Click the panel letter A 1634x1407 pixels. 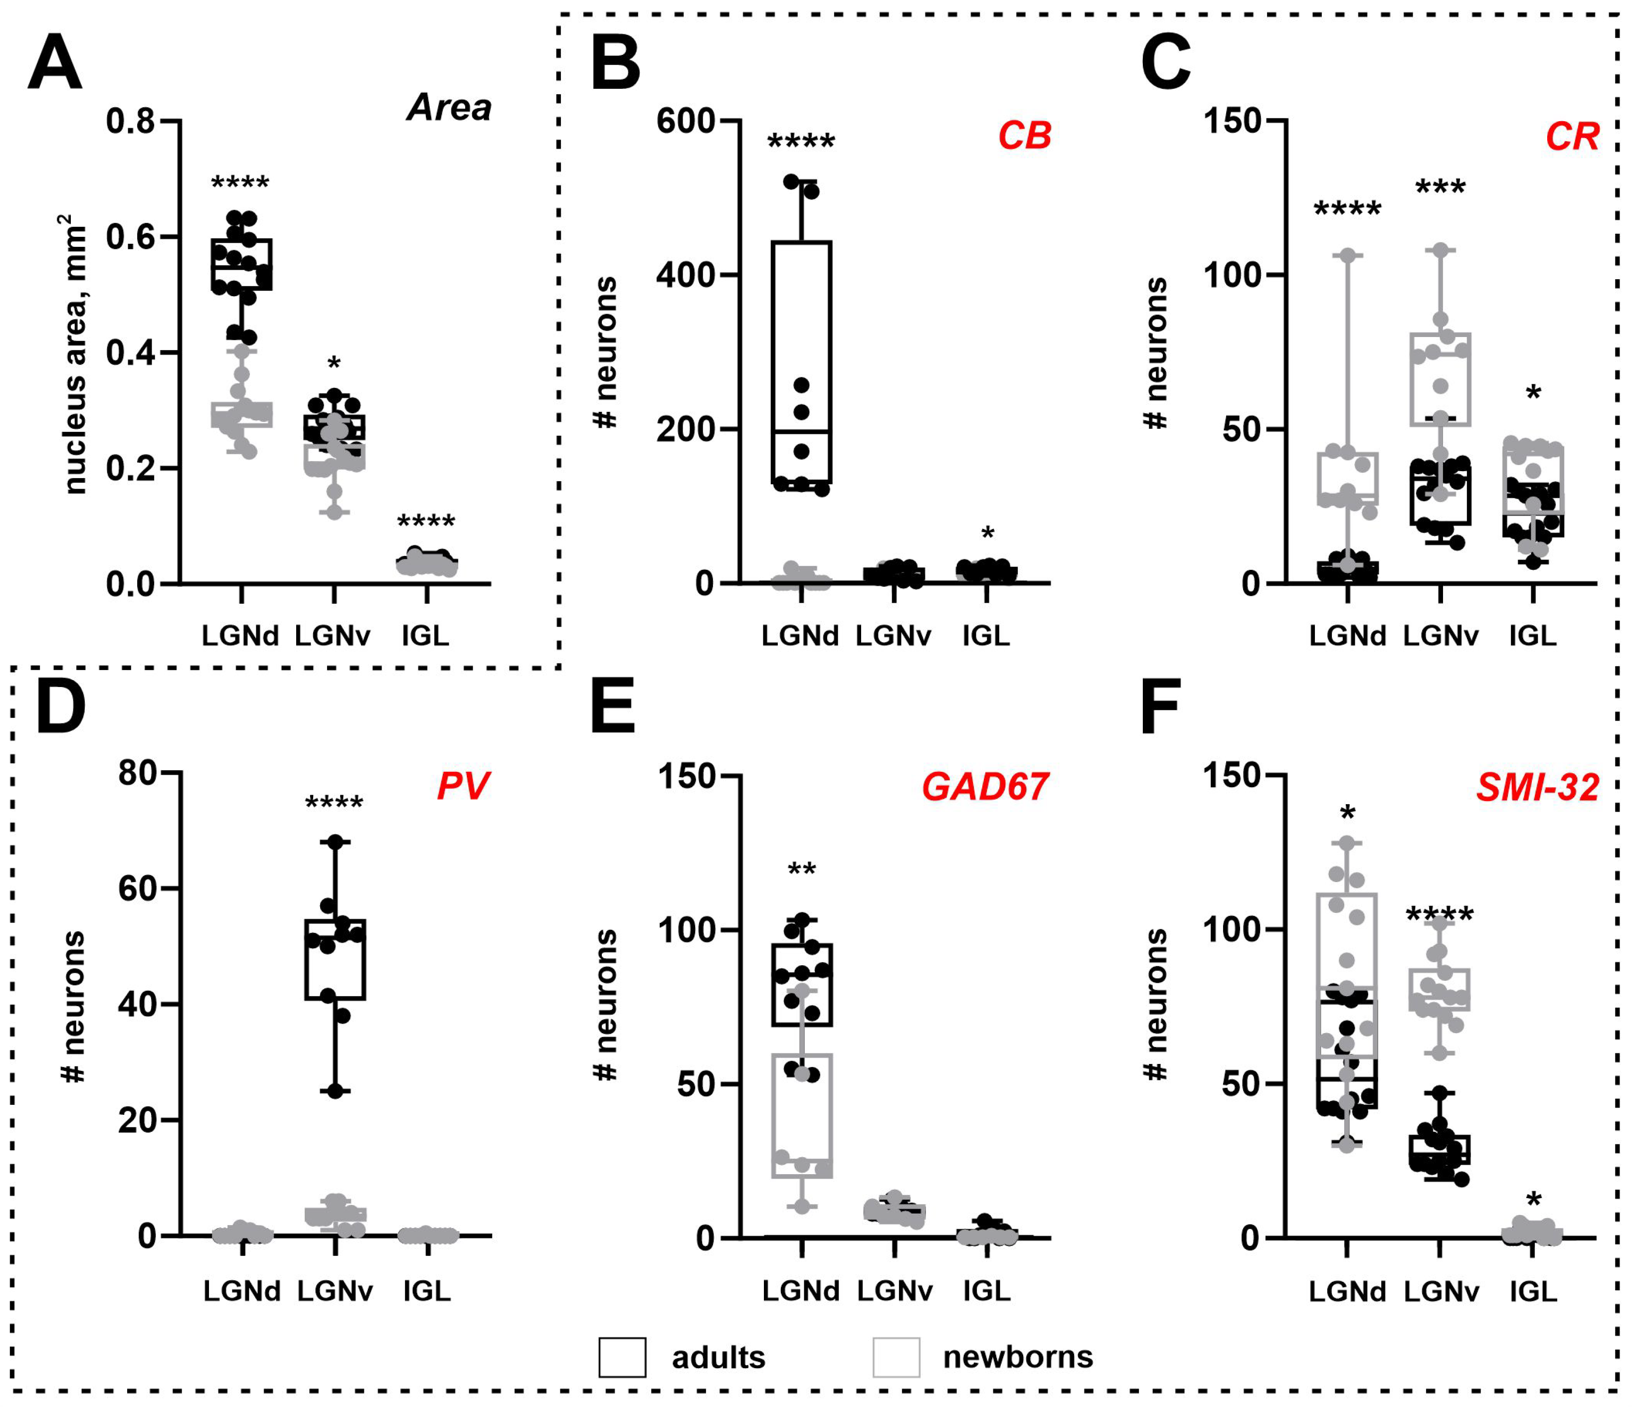pyautogui.click(x=55, y=63)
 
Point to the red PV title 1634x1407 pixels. pyautogui.click(x=464, y=786)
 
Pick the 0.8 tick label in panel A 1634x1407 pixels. pyautogui.click(x=135, y=122)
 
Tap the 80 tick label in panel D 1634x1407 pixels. pyautogui.click(x=138, y=774)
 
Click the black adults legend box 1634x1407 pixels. pyautogui.click(x=622, y=1357)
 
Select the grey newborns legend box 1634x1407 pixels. pyautogui.click(x=896, y=1357)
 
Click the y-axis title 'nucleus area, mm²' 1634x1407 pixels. pyautogui.click(x=75, y=355)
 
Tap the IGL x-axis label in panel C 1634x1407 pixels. pyautogui.click(x=1533, y=635)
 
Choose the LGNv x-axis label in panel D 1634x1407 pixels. pyautogui.click(x=335, y=1290)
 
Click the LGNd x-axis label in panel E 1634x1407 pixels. pyautogui.click(x=800, y=1290)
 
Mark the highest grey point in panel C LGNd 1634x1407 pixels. pyautogui.click(x=1347, y=255)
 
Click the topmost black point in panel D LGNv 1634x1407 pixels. pyautogui.click(x=335, y=842)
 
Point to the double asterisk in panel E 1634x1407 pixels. pyautogui.click(x=801, y=871)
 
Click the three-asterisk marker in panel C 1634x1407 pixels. pyautogui.click(x=1440, y=188)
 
